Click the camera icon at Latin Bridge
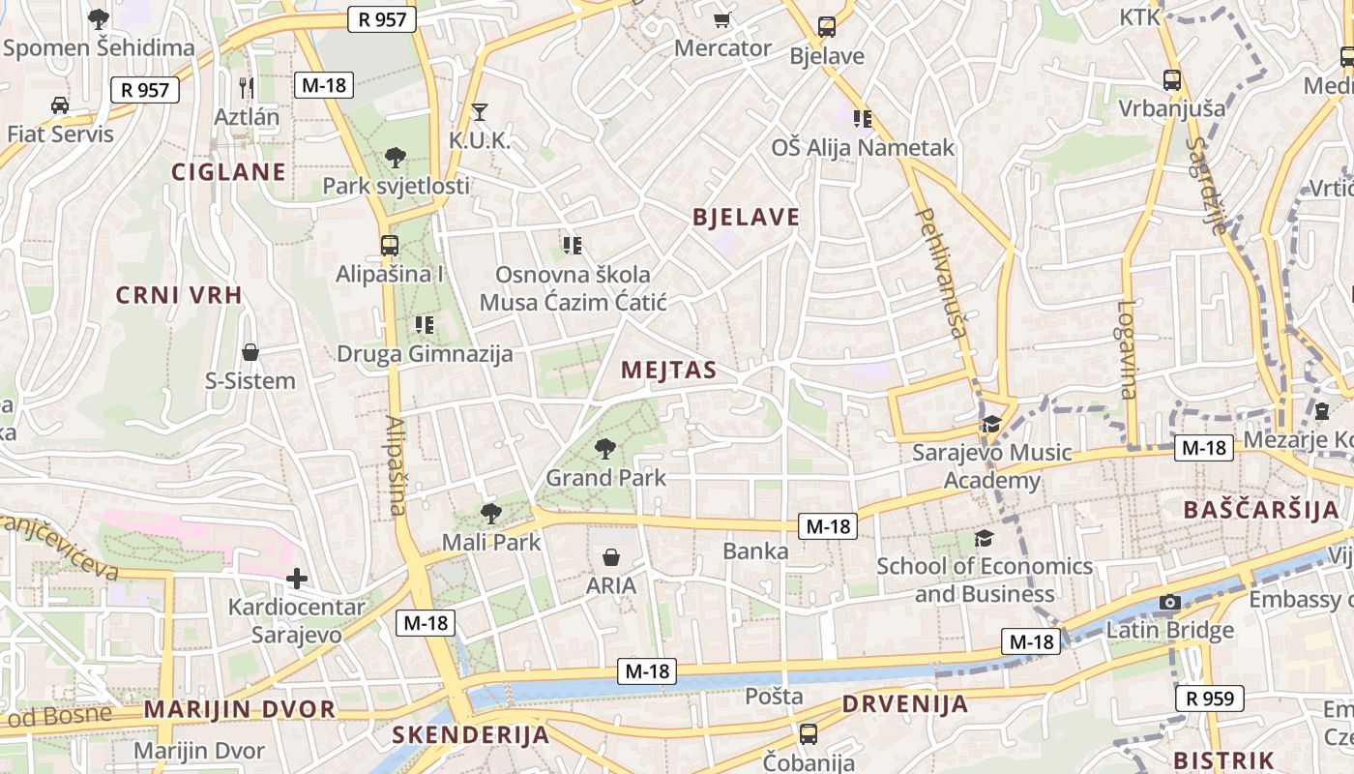[x=1170, y=603]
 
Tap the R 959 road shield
[x=1209, y=698]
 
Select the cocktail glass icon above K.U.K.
[x=479, y=112]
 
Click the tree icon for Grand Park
[x=605, y=448]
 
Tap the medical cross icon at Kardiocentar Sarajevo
[x=297, y=580]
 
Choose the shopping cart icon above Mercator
[x=721, y=19]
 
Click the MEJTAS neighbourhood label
[x=669, y=370]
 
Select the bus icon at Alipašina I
[x=390, y=246]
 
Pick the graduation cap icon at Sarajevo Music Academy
[x=992, y=424]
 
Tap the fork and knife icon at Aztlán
[x=247, y=88]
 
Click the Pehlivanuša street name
[x=942, y=271]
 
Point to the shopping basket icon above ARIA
[x=611, y=557]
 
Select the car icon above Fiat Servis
[x=60, y=104]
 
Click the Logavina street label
[x=1128, y=349]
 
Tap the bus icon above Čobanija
[x=809, y=734]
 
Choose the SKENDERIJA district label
[x=471, y=735]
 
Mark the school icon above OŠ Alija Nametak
[x=863, y=119]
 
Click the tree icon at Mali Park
[x=491, y=514]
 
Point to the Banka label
[x=756, y=551]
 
